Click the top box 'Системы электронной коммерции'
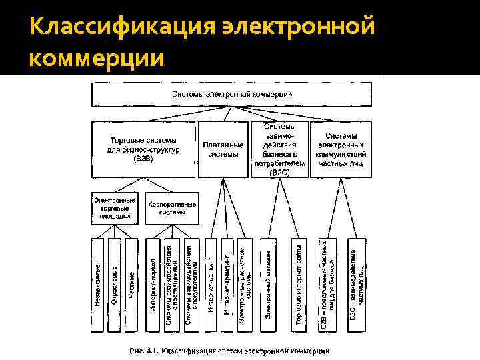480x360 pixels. pyautogui.click(x=232, y=94)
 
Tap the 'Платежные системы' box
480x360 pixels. pyautogui.click(x=223, y=149)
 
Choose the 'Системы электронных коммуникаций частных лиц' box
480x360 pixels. pyautogui.click(x=342, y=149)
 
